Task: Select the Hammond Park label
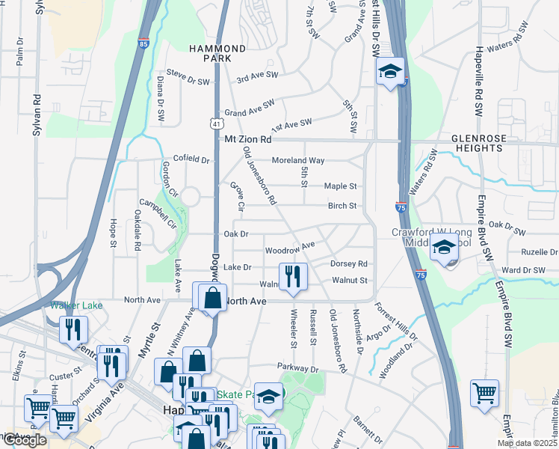[217, 52]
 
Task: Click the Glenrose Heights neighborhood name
[476, 144]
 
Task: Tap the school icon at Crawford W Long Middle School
[445, 248]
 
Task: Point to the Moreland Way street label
[297, 160]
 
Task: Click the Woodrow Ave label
[289, 251]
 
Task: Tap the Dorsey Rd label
[348, 264]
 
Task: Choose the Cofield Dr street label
[192, 159]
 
